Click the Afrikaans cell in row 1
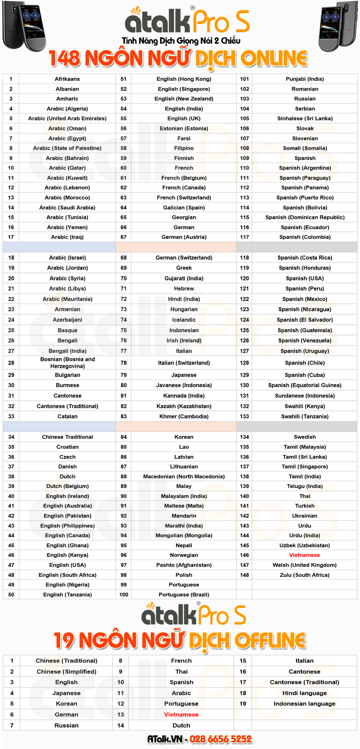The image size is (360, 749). click(x=67, y=79)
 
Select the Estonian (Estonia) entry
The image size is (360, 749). click(x=184, y=128)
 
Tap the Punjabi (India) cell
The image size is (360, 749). click(x=305, y=79)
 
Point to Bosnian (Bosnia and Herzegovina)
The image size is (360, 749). click(x=67, y=363)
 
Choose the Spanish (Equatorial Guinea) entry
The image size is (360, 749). click(x=305, y=385)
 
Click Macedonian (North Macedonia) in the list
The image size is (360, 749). click(x=184, y=477)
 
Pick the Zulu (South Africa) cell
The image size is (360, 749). click(x=305, y=575)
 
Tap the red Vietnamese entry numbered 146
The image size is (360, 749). click(x=305, y=555)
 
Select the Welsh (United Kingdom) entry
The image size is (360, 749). click(x=305, y=565)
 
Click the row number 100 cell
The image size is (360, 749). click(x=124, y=595)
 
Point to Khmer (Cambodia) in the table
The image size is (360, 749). click(x=184, y=416)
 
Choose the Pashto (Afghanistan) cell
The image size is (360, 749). click(x=184, y=565)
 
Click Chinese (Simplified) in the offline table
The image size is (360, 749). click(x=66, y=671)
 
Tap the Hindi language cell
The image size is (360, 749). click(x=305, y=693)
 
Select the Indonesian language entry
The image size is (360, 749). click(x=305, y=704)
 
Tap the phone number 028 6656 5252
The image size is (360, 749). click(x=221, y=739)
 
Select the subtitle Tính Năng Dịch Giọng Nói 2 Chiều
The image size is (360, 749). click(x=181, y=41)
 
